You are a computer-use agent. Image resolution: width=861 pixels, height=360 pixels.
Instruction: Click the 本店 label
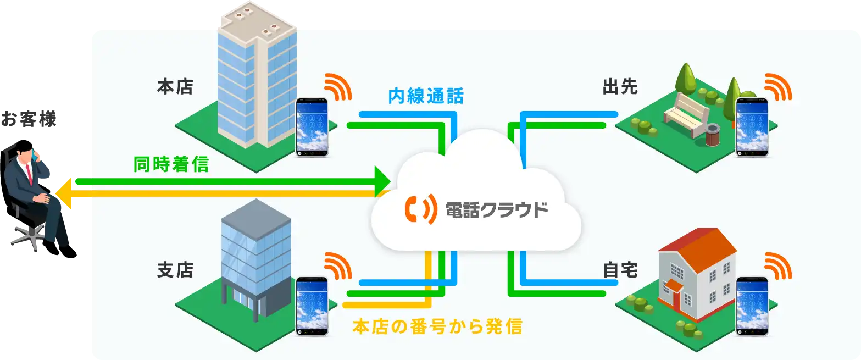[x=175, y=87]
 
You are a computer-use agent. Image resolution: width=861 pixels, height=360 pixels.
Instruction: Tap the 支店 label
[x=175, y=270]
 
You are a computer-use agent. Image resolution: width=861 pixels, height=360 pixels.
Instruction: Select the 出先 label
[x=620, y=87]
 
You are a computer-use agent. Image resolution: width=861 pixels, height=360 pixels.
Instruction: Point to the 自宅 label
[x=620, y=270]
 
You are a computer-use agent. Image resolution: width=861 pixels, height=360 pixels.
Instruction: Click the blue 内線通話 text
[x=426, y=97]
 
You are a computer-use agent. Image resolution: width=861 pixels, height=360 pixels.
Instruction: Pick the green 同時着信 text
[x=171, y=164]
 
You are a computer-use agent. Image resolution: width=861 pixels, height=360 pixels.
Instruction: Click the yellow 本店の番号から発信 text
[x=436, y=327]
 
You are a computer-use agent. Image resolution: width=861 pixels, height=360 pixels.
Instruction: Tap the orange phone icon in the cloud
[x=417, y=209]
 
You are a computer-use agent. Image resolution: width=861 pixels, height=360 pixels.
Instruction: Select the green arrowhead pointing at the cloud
[x=381, y=181]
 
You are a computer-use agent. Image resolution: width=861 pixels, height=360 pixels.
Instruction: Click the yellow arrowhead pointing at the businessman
[x=66, y=193]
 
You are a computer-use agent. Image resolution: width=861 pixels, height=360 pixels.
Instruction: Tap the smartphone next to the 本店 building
[x=312, y=127]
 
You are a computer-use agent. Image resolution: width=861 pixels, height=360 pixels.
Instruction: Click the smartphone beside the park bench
[x=752, y=127]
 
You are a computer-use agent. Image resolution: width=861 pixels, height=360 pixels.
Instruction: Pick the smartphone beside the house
[x=752, y=306]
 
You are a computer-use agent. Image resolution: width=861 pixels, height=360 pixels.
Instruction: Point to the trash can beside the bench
[x=713, y=135]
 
